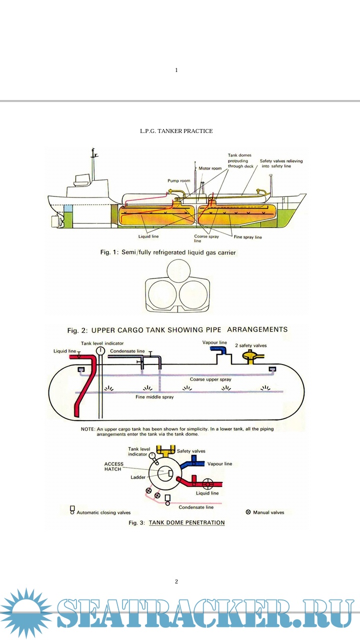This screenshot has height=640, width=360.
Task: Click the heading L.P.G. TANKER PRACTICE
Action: (x=176, y=131)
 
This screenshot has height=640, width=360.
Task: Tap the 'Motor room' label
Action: (x=210, y=168)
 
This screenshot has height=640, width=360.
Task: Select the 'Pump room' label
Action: (x=178, y=180)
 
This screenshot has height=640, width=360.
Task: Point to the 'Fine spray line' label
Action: (x=248, y=237)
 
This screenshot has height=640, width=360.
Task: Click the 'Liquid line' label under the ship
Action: (x=148, y=236)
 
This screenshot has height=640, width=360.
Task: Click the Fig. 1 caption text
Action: (x=168, y=252)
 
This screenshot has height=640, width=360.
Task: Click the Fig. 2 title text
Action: (x=177, y=330)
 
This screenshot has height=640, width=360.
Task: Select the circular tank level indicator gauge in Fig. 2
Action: (x=100, y=350)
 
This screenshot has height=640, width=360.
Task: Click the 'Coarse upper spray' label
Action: (x=210, y=379)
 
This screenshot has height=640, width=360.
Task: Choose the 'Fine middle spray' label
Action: (x=154, y=397)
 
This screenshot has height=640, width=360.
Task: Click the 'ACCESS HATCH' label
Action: (x=114, y=466)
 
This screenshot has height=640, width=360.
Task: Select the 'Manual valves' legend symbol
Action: (x=248, y=512)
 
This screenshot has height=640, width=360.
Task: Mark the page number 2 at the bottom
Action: (x=176, y=581)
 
